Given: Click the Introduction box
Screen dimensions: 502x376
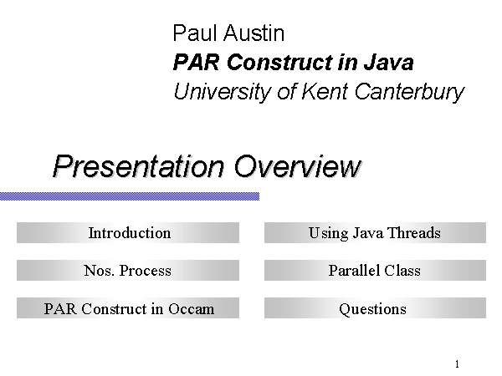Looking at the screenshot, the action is coord(128,233).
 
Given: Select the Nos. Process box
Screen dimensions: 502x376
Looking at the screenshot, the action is coord(128,270).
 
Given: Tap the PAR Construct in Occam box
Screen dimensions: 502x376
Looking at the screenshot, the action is coord(128,307).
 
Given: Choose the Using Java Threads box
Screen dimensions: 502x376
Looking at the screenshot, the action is coord(375,233).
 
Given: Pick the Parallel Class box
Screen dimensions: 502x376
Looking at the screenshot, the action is coord(375,270).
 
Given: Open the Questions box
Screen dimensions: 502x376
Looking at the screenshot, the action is coord(375,307).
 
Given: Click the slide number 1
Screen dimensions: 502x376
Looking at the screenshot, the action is coord(457,363).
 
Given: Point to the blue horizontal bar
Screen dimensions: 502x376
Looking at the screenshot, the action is coord(130,196).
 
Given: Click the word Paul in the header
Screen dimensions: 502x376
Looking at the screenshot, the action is coord(195,33).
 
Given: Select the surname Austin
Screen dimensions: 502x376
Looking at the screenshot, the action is coord(254,33).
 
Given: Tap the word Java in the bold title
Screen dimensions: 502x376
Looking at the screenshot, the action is coord(388,63).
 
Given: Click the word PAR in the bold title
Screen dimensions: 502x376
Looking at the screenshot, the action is coord(197,63).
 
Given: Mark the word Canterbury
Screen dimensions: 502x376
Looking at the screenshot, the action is coord(409,93).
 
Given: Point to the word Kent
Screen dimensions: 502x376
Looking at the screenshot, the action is coord(325,91).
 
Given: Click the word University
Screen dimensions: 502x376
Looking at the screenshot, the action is coord(223,93).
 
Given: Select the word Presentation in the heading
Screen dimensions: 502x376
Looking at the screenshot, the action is coord(138,166).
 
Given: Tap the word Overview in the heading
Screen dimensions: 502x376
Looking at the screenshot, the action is coord(298,166).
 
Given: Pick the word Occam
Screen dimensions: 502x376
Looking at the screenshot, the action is coord(191,309).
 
